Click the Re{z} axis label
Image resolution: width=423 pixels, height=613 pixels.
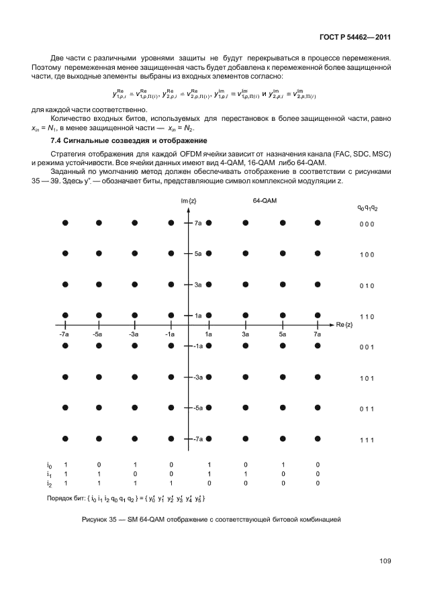tap(344, 324)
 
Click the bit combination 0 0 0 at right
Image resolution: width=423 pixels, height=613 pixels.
tap(365, 224)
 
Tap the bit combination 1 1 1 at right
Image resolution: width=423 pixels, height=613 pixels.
tap(365, 440)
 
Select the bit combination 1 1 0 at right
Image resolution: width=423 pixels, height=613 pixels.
tap(365, 316)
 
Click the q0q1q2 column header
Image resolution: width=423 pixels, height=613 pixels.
tap(367, 208)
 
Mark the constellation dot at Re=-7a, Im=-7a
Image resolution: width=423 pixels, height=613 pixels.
tap(64, 438)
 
